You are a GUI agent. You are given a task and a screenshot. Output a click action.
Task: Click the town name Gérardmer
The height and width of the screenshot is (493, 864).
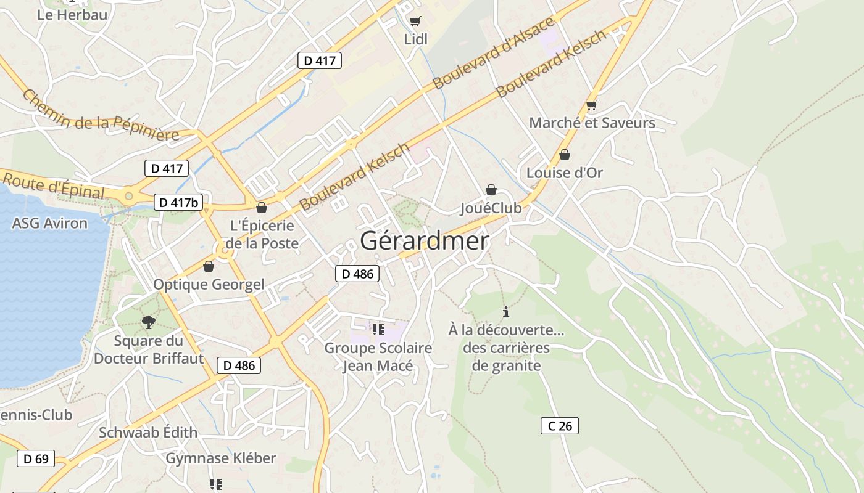[x=424, y=241]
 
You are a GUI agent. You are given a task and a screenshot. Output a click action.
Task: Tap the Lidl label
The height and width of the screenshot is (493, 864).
[x=415, y=39]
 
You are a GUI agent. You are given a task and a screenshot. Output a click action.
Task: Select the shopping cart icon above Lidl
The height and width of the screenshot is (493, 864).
[x=415, y=22]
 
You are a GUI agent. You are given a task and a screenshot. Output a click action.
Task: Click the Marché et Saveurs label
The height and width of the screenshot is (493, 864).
[x=592, y=123]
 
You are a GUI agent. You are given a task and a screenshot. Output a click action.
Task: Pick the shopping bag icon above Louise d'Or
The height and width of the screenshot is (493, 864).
[x=564, y=155]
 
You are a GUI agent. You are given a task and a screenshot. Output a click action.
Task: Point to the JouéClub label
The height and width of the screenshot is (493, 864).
[x=491, y=208]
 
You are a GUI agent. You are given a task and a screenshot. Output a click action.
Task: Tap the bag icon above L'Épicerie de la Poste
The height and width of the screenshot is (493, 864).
[x=262, y=208]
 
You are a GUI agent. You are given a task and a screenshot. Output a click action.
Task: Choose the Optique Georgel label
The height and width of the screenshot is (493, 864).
[x=209, y=284]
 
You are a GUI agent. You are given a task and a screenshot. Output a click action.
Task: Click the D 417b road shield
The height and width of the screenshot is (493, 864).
[x=178, y=202]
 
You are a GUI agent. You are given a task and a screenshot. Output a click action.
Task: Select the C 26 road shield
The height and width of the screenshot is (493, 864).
[x=560, y=425]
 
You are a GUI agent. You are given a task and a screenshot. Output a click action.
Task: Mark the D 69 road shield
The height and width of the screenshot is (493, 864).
[x=36, y=458]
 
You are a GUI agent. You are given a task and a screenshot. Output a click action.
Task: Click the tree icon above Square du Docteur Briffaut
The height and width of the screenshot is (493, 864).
[x=148, y=321]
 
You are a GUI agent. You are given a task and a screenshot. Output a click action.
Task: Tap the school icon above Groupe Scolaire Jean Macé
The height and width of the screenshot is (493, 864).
[x=378, y=330]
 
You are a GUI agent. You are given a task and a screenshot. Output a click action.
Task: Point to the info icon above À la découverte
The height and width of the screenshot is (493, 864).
[x=506, y=312]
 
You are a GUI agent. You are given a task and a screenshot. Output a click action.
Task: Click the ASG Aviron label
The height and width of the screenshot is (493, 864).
[x=50, y=223]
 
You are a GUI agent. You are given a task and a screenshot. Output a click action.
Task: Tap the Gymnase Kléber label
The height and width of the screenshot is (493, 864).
[x=221, y=458]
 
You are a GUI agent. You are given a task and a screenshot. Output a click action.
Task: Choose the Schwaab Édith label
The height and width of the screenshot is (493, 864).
[x=148, y=433]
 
